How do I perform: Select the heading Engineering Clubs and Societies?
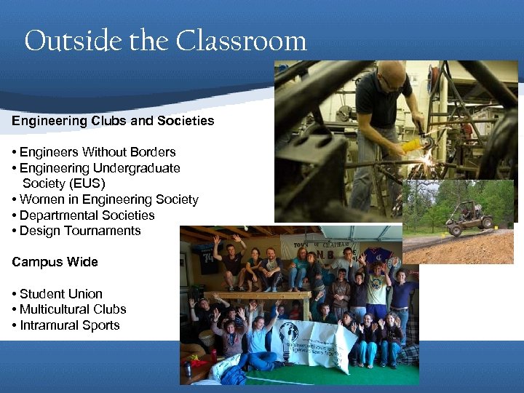click(113, 121)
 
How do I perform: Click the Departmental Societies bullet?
click(87, 215)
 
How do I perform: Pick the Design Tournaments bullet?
click(80, 231)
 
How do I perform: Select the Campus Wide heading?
click(55, 262)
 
